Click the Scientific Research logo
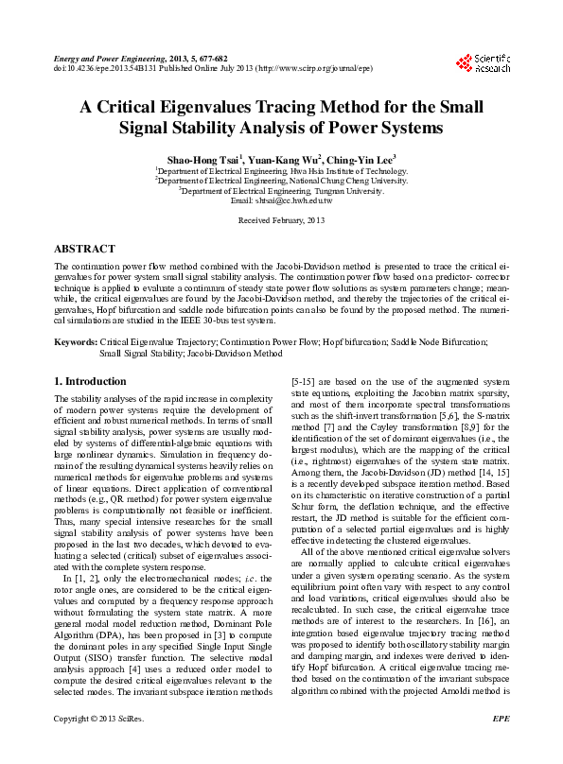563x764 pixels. pyautogui.click(x=483, y=63)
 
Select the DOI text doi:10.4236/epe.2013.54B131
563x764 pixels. pyautogui.click(x=99, y=68)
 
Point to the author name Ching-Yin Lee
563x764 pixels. pyautogui.click(x=362, y=160)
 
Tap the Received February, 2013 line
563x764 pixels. pyautogui.click(x=281, y=220)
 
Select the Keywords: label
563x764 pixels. pyautogui.click(x=76, y=339)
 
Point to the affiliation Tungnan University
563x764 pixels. pyautogui.click(x=346, y=191)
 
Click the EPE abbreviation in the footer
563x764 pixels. pyautogui.click(x=501, y=746)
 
